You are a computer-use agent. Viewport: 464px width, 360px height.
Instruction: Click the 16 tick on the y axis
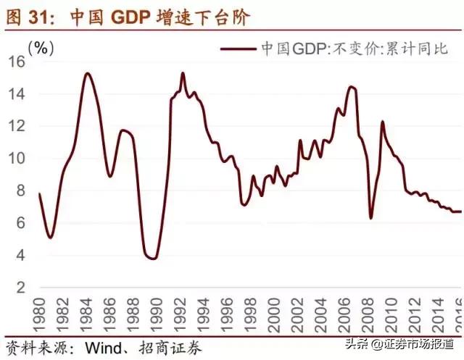click(x=16, y=62)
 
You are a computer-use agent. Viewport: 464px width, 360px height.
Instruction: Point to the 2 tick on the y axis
click(x=20, y=287)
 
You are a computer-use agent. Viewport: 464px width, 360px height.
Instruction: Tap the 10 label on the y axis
click(x=16, y=159)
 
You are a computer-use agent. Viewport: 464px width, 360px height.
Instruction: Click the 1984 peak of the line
click(x=88, y=73)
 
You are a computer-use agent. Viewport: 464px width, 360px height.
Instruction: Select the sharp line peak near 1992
click(x=183, y=73)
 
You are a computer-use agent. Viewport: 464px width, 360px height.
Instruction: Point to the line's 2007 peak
click(x=352, y=87)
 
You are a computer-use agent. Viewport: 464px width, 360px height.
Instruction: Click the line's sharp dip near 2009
click(x=370, y=217)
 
